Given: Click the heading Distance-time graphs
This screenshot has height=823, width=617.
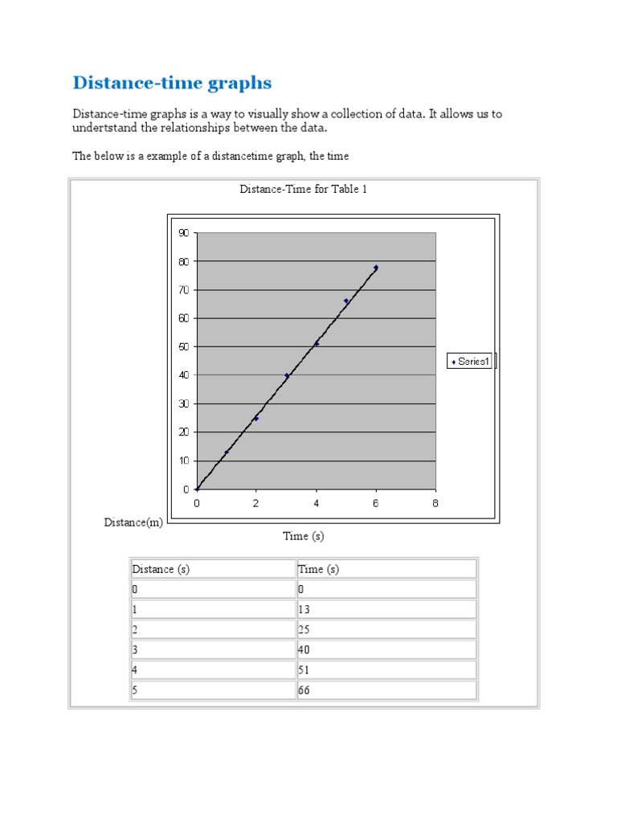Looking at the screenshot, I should coord(172,83).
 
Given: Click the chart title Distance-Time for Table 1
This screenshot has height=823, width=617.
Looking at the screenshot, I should coord(304,190).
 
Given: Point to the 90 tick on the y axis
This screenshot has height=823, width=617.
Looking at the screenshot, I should coord(183,233).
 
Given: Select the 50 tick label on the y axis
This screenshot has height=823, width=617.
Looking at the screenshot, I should coord(183,346).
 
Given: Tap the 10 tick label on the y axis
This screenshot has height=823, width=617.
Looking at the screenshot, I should coord(183,461).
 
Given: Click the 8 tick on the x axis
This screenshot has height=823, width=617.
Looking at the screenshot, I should coord(435,503).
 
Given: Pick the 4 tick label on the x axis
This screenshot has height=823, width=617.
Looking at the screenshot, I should coord(317,503).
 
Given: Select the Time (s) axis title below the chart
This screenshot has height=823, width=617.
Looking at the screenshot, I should coord(304,536).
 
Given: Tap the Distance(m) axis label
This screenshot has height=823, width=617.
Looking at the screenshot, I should coord(133,522).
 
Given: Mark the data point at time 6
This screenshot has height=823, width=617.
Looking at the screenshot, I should coord(376,268).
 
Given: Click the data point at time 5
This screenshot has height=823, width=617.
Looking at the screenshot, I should coord(346,301).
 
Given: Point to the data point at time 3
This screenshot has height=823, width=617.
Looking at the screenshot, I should coord(287,375).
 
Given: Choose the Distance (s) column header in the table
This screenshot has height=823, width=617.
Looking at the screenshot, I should coord(161,569).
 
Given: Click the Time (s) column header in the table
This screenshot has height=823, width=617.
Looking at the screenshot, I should coord(318,569).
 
